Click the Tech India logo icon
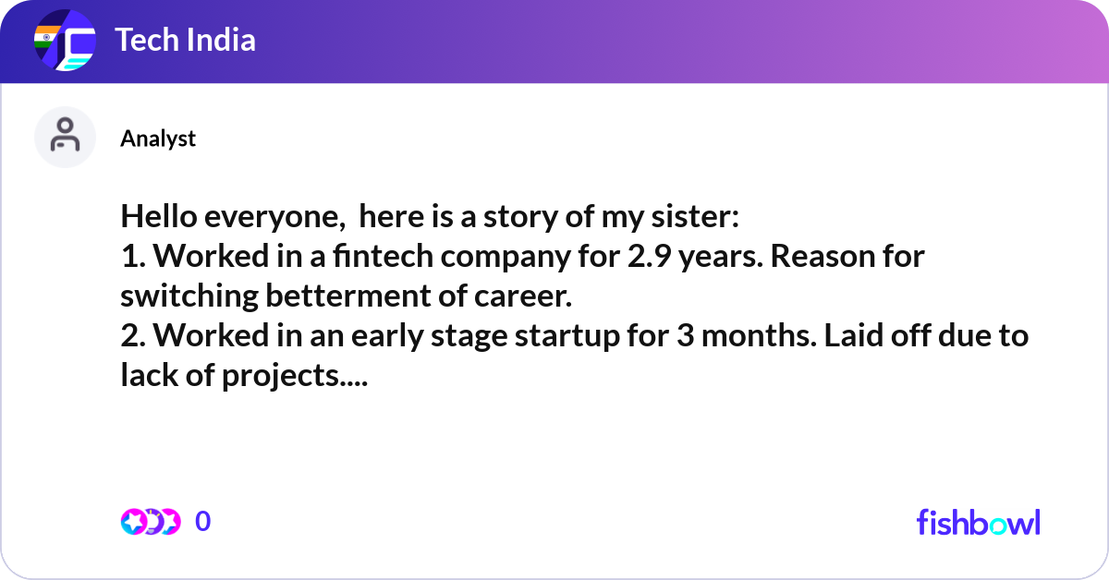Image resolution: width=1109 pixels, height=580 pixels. coord(65,42)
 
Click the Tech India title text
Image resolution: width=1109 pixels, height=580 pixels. coord(185,41)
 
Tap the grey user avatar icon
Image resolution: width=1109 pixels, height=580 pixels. coord(65,137)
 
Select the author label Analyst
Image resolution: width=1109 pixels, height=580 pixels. coord(158,139)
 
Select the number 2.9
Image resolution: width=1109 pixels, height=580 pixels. coord(651,257)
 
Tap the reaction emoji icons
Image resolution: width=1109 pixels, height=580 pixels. coord(150,522)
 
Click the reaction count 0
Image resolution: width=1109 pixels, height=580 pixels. coord(203,522)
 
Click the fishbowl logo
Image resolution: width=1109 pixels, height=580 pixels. coord(978,522)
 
